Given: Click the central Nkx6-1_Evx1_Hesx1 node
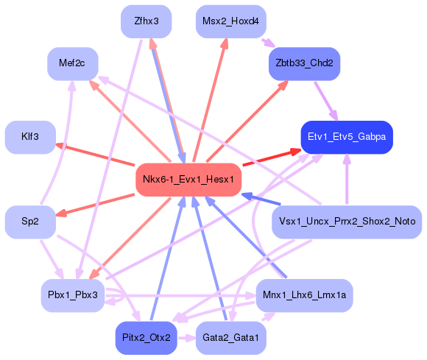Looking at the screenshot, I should pos(188,180).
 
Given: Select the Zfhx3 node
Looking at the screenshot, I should pos(146,21).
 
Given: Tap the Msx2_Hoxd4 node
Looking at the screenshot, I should pos(230,21).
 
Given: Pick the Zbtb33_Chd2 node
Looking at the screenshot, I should pos(304,64).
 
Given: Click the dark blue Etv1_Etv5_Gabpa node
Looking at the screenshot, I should pos(346,137).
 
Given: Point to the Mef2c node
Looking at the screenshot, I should pos(72,64).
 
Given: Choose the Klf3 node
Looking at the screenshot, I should pos(30,137).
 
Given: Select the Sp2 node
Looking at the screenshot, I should pos(30,222).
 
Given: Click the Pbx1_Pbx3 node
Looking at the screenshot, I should pos(72,295).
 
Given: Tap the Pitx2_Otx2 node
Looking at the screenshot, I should pos(146,338).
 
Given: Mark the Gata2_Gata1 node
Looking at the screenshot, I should pos(230,338).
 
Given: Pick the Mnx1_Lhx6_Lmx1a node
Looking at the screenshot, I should pos(304,295).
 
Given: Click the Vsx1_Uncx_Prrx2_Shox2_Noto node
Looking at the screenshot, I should pos(346,222).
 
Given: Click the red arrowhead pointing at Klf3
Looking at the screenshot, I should pos(62,145).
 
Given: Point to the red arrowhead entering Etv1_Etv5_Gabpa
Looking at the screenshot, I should pos(295,152).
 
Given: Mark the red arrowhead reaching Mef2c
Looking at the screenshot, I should pos(93,85).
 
